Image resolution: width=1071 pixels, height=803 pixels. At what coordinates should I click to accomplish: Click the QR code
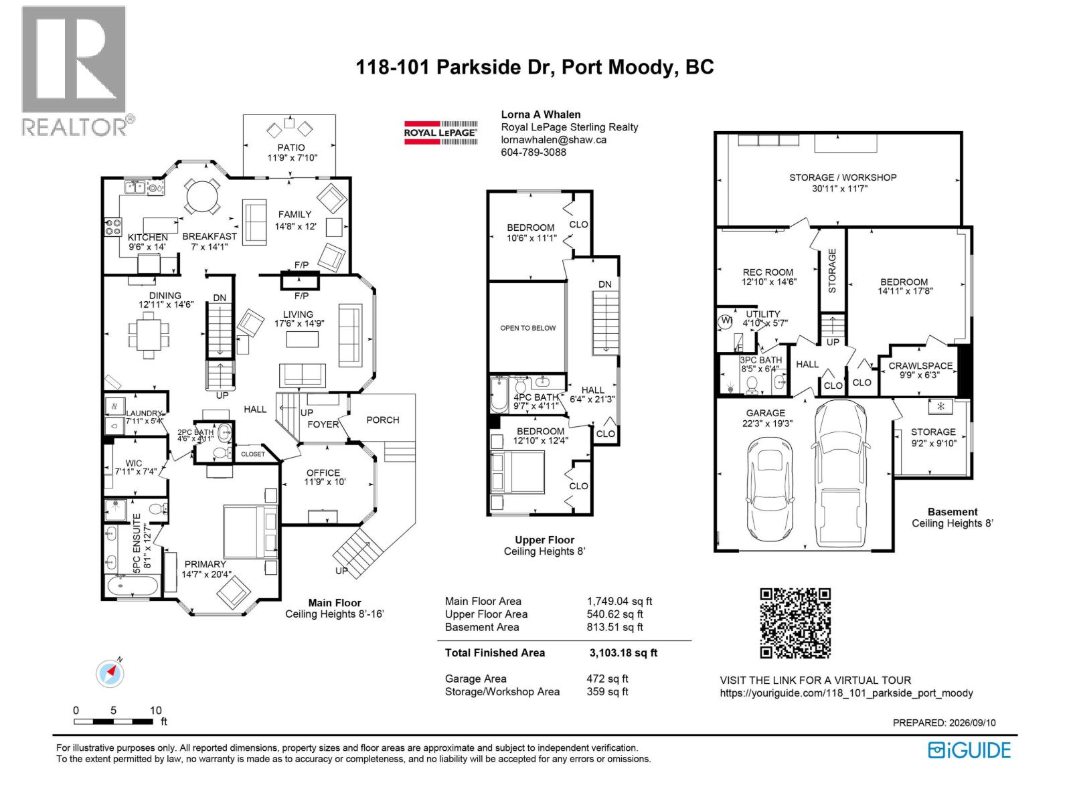pos(795,623)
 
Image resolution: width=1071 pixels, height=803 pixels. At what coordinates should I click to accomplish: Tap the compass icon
pos(110,674)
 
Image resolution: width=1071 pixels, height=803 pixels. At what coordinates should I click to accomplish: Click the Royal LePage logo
pos(440,132)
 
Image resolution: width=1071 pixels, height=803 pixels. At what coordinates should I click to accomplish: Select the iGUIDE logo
pos(969,750)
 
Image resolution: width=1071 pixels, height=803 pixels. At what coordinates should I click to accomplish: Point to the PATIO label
pos(291,147)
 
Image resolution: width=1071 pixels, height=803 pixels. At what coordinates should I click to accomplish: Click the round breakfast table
pos(201,196)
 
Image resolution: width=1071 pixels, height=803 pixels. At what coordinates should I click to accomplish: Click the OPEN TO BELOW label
pos(527,328)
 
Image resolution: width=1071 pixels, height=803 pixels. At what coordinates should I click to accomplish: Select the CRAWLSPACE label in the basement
pos(920,365)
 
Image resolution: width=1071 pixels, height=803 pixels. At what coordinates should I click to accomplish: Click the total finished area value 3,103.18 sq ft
pos(623,653)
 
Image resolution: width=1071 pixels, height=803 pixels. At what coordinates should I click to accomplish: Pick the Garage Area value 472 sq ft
pos(607,679)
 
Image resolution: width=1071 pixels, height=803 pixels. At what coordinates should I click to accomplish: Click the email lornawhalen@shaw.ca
pos(554,140)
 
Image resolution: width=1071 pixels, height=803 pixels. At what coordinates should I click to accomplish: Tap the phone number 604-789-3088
pos(533,152)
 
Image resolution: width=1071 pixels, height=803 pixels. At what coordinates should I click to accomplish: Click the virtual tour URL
pos(846,693)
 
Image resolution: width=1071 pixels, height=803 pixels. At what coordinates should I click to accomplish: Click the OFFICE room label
pos(323,473)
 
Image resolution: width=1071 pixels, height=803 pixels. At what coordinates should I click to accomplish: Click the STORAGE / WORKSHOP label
pos(843,177)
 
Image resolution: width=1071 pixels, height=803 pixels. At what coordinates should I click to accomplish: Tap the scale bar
pos(113,721)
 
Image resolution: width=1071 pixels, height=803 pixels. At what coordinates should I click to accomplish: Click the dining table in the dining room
pos(149,335)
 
